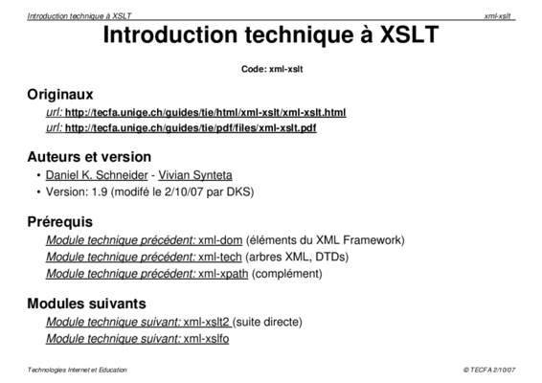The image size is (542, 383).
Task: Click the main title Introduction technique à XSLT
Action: (x=271, y=34)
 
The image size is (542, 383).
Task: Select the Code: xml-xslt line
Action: (x=272, y=69)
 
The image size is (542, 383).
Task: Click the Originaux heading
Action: (x=60, y=95)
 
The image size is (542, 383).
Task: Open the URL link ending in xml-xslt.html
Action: (x=205, y=113)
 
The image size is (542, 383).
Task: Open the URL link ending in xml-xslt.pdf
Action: (x=191, y=128)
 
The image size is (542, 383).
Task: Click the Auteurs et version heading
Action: (x=89, y=157)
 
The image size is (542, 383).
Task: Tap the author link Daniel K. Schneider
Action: (x=97, y=175)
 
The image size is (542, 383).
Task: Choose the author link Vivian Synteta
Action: (x=195, y=175)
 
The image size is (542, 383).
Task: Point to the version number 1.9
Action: (x=100, y=191)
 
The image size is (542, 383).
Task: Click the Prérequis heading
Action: (x=59, y=222)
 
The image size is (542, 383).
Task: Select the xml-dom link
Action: (x=220, y=240)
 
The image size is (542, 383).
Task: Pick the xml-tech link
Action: (x=220, y=257)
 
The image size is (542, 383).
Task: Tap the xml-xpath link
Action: (x=223, y=274)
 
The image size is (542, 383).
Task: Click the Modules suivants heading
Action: (x=86, y=304)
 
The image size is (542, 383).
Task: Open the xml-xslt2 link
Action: (x=206, y=322)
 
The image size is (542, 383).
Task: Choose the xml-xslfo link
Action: (x=206, y=338)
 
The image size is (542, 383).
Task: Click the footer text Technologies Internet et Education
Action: (x=77, y=370)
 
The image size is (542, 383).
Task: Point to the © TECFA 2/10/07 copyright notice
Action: (x=489, y=370)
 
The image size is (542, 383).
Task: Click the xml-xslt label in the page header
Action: (x=497, y=16)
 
